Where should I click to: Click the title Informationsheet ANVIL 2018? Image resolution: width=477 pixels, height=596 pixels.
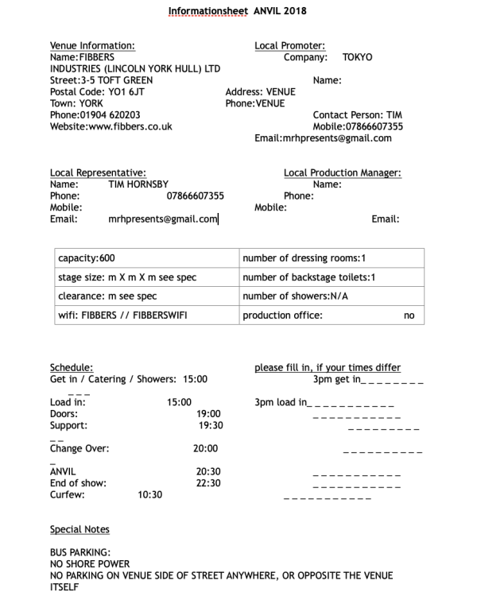[238, 12]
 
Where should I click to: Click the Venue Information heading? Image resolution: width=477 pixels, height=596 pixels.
[92, 46]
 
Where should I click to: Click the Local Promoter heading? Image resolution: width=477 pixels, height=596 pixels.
[289, 46]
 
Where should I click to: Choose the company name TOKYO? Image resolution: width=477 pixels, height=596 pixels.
[357, 58]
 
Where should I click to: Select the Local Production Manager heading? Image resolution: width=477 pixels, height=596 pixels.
[342, 173]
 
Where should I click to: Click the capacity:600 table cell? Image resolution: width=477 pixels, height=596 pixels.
[87, 259]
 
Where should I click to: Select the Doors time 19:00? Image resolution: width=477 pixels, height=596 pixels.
[208, 414]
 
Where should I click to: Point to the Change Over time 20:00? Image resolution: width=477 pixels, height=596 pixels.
[205, 448]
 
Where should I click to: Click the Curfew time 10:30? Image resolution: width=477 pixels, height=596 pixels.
[149, 494]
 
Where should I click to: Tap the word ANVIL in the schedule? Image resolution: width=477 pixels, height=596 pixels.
[63, 471]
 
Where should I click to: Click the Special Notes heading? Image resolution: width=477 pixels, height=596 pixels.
[79, 529]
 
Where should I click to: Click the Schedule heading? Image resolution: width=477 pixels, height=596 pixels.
[72, 368]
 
